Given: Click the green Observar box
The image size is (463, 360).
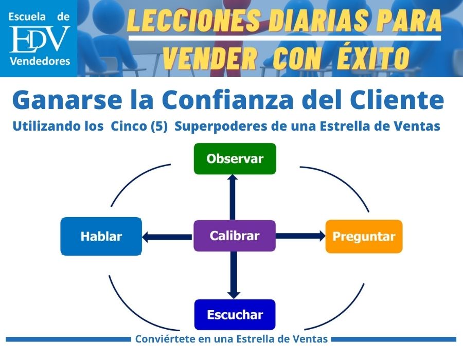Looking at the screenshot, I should tap(235, 158).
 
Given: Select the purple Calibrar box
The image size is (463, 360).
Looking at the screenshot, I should tap(234, 236).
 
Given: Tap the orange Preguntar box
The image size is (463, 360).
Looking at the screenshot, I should tap(364, 237).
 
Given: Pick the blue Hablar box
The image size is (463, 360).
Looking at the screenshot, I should tap(101, 237).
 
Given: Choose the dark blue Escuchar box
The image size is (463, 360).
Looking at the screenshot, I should tap(235, 315).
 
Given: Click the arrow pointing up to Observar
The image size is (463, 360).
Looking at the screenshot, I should tap(233, 196).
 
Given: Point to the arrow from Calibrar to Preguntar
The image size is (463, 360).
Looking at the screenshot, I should tap(301, 236).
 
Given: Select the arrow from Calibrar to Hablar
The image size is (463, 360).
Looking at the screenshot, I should tap(167, 237).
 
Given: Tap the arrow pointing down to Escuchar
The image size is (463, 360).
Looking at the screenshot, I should tap(234, 275).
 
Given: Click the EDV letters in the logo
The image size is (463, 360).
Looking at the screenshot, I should tap(39, 40).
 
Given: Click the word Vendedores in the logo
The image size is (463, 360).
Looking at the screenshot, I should tap(40, 62).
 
